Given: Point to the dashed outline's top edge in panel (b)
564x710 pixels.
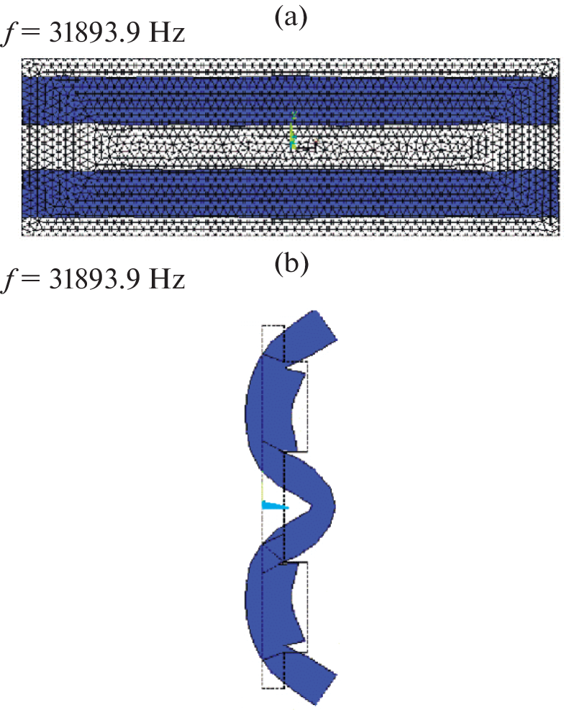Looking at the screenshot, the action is click(x=273, y=325).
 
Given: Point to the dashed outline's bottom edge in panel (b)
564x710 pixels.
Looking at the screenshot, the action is click(x=273, y=688).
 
